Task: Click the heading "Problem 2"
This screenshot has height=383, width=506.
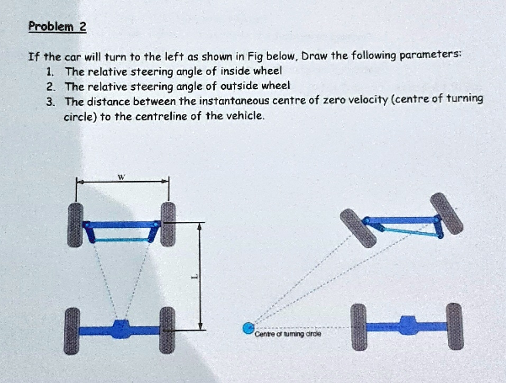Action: (57, 27)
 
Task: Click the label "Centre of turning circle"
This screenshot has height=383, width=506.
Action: (288, 334)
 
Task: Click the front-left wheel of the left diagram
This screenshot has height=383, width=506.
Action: (75, 224)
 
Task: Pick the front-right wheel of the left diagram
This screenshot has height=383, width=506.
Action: (168, 224)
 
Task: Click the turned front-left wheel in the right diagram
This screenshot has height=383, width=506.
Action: (358, 228)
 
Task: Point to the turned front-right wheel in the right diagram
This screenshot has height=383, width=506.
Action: (446, 213)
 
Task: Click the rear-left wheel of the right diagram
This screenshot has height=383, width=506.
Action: (358, 326)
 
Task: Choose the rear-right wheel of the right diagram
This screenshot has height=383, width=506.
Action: (454, 326)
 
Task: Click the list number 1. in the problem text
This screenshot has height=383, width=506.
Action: (50, 71)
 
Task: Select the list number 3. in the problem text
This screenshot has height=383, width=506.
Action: (50, 101)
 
